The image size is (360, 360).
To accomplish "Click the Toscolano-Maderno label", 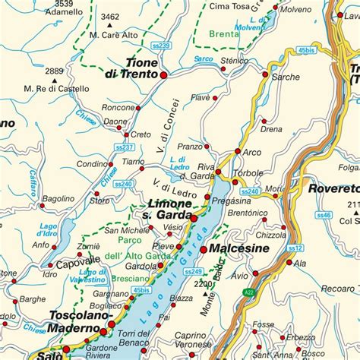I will click(x=80, y=321).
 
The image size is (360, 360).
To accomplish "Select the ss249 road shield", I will click(x=193, y=271).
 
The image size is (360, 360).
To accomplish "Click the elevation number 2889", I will click(x=54, y=71).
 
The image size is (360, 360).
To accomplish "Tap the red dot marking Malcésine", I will click(x=204, y=249).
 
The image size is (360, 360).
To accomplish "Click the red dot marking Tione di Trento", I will click(x=163, y=74).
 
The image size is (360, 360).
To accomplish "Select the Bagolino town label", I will click(x=58, y=199).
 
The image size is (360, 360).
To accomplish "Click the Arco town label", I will click(x=252, y=152).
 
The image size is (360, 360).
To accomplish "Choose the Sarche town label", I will click(x=286, y=77).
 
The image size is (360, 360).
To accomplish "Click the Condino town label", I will click(x=91, y=164).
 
